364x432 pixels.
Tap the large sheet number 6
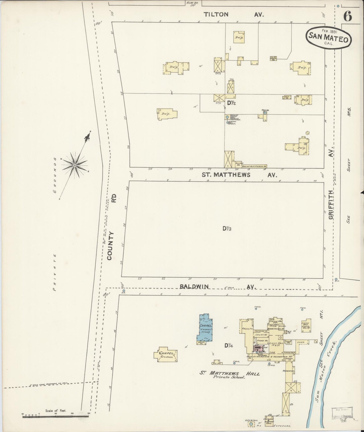pyautogui.click(x=348, y=17)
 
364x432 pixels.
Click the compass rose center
pyautogui.click(x=75, y=165)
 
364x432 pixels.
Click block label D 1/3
pyautogui.click(x=227, y=229)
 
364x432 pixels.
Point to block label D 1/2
pyautogui.click(x=231, y=103)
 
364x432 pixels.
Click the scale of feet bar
pyautogui.click(x=55, y=417)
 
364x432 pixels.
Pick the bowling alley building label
pyautogui.click(x=253, y=166)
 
